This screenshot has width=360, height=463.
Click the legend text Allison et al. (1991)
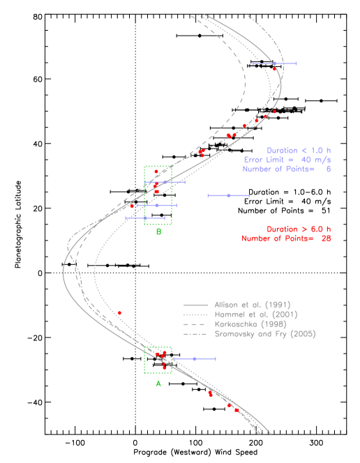(x=252, y=305)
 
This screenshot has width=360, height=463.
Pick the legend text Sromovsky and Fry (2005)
(x=264, y=334)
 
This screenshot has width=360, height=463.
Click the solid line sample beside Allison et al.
(x=196, y=305)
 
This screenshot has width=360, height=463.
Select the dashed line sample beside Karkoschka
(x=196, y=325)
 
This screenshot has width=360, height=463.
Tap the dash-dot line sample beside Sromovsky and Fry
(x=196, y=335)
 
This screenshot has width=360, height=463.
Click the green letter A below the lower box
(x=158, y=384)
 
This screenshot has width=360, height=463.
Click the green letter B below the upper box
(x=158, y=231)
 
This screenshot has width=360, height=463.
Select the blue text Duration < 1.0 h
(x=299, y=151)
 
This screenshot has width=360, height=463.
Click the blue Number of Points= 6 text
(x=287, y=169)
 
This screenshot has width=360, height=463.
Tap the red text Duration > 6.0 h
(x=299, y=229)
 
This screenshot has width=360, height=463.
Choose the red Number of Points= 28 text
(x=287, y=238)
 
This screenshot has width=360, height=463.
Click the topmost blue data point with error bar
(x=274, y=63)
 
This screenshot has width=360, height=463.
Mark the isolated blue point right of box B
(x=228, y=195)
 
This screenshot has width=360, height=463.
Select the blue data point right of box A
(x=194, y=358)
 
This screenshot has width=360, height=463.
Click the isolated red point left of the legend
(x=119, y=313)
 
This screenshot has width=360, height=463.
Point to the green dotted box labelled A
(x=158, y=360)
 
